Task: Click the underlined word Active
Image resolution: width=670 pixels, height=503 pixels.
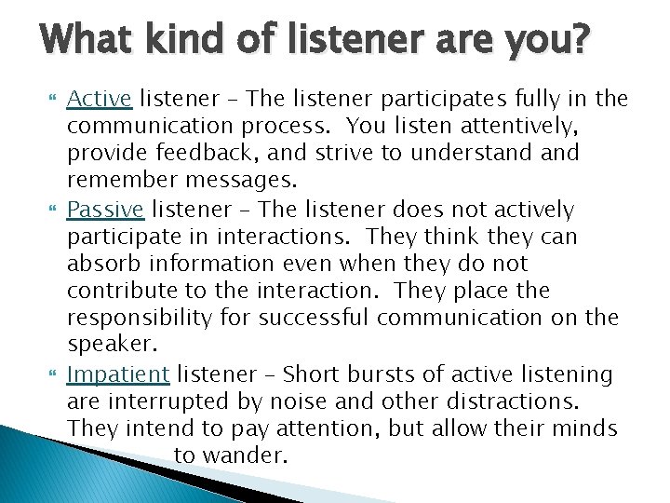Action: (100, 99)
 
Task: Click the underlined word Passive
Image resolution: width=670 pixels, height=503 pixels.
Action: (105, 211)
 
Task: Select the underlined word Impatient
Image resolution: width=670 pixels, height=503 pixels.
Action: (118, 374)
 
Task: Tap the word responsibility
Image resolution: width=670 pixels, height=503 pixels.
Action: (144, 318)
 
